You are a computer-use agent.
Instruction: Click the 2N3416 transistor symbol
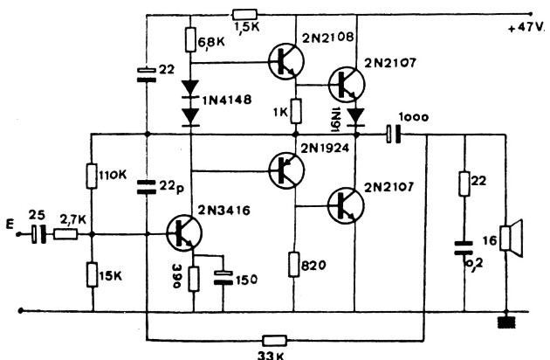(x=184, y=232)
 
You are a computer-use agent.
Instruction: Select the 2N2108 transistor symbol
(x=286, y=61)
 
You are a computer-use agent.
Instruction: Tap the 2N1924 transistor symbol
(x=286, y=170)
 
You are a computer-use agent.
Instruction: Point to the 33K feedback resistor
(x=275, y=340)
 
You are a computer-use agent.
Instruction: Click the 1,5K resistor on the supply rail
(x=244, y=14)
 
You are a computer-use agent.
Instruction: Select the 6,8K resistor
(x=190, y=40)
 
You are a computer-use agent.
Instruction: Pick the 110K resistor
(x=92, y=176)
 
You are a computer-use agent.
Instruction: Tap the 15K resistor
(x=93, y=275)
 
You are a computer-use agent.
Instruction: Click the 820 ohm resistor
(x=294, y=265)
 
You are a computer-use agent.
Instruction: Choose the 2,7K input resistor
(x=65, y=234)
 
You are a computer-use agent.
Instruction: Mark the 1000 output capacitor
(x=393, y=135)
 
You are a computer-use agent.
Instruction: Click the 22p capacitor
(x=147, y=187)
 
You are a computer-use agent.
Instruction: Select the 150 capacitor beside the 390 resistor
(x=223, y=278)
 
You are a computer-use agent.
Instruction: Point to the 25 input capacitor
(x=38, y=234)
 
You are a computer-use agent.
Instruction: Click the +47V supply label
(x=526, y=27)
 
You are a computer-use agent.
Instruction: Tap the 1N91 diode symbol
(x=356, y=117)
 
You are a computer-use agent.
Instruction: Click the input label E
(x=10, y=224)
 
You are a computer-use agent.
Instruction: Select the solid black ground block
(x=507, y=322)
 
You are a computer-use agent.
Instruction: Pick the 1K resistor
(x=296, y=111)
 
